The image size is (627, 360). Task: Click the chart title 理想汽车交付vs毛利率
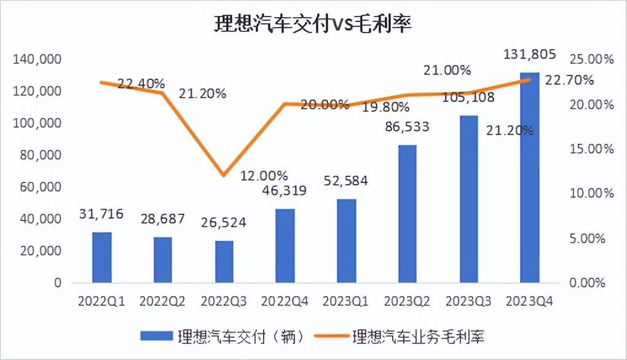click(x=313, y=24)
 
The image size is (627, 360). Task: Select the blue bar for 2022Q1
click(x=102, y=257)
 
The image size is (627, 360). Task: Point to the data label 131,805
click(x=529, y=54)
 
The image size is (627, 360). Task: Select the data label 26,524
click(x=224, y=222)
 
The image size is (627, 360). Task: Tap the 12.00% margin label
click(x=264, y=174)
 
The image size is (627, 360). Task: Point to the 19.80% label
click(x=386, y=107)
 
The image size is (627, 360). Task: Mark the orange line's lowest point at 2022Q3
click(x=224, y=176)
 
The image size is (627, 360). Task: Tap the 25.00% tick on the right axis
click(x=591, y=60)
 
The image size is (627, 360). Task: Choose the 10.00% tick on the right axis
click(x=591, y=194)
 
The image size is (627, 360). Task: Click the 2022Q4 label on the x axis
click(x=285, y=302)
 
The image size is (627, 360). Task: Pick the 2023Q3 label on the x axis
click(x=468, y=302)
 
